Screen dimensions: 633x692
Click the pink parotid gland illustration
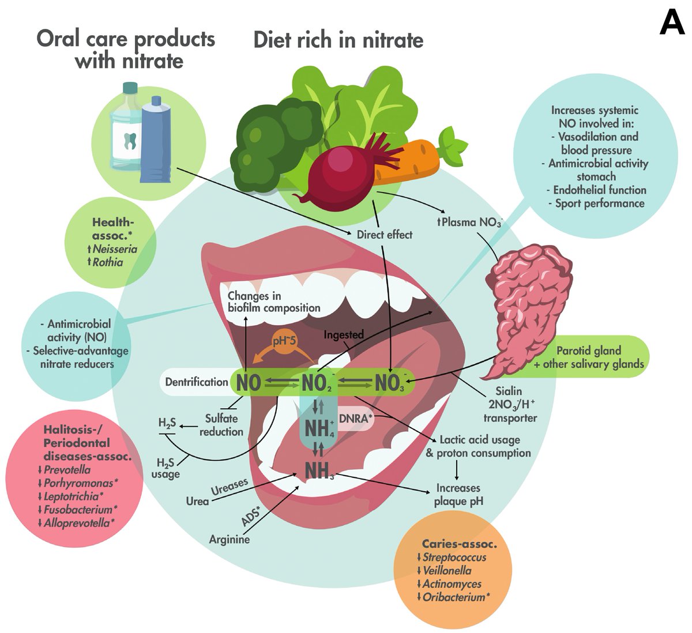(522, 300)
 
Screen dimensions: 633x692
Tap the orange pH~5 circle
(284, 341)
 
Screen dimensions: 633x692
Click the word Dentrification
(197, 382)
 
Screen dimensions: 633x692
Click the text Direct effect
(385, 234)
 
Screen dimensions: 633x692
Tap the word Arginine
(230, 540)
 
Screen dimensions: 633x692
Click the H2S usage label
(166, 468)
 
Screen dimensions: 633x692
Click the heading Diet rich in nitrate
(339, 40)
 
